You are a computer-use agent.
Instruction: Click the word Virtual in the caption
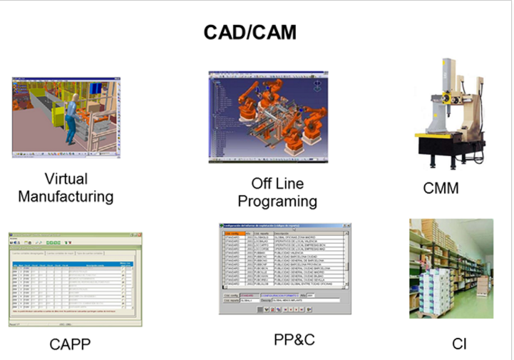coord(66,178)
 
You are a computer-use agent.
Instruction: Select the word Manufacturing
coord(66,195)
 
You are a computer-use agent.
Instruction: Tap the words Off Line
coord(277,184)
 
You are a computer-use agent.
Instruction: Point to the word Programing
coord(277,201)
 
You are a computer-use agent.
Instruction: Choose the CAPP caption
coord(70,345)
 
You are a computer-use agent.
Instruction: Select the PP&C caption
coord(294,339)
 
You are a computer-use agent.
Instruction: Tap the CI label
coord(459,344)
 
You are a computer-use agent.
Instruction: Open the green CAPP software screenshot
coord(75,279)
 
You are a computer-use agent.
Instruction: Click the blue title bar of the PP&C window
coord(285,226)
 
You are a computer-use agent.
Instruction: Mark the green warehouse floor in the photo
coord(471,314)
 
